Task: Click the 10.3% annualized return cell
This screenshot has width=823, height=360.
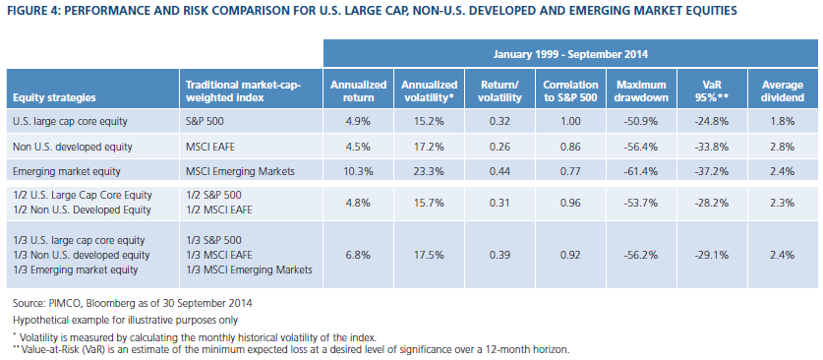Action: coord(359,171)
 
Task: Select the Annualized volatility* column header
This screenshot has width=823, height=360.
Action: coord(430,90)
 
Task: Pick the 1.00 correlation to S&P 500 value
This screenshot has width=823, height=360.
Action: coord(571,122)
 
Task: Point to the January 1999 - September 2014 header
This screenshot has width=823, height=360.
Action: coord(571,53)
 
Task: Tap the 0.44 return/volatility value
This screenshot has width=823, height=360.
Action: coord(500,171)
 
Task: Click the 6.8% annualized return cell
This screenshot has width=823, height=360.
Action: coord(359,255)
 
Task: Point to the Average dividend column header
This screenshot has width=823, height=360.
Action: coord(784,90)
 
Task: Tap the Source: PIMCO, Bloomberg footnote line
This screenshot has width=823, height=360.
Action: coord(133,303)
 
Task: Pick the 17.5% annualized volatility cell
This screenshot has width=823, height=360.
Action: coord(430,255)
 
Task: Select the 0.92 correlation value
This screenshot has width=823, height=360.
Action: coord(571,255)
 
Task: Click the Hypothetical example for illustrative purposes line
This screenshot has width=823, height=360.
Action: coord(125,320)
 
